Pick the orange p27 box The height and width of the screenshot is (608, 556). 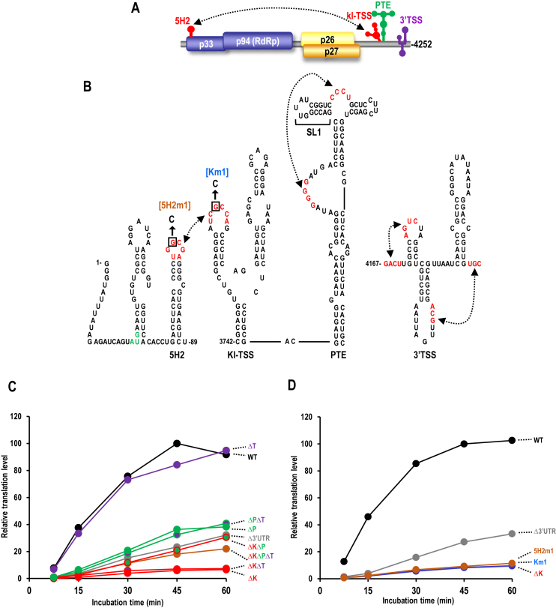(330, 52)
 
